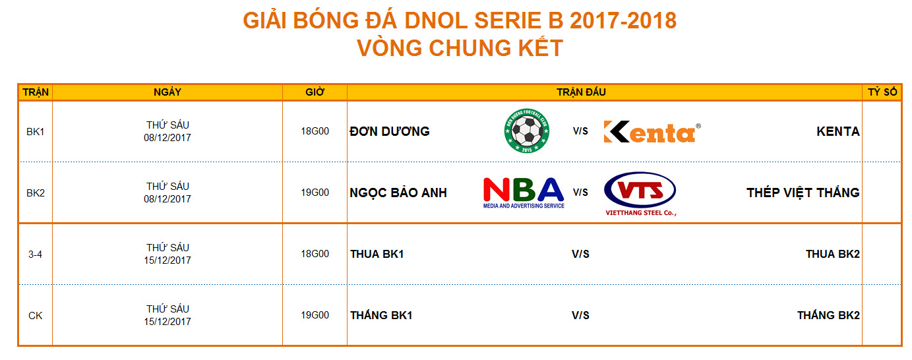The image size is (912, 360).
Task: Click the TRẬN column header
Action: tap(36, 92)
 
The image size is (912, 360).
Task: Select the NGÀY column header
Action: tap(167, 92)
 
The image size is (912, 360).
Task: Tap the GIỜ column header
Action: tap(315, 92)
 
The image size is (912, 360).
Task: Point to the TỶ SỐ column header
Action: tap(882, 92)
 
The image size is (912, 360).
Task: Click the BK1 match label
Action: tap(36, 132)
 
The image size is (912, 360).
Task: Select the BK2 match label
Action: tap(36, 193)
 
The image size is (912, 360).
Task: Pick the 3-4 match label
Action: tap(35, 255)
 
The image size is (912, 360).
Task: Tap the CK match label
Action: tap(36, 316)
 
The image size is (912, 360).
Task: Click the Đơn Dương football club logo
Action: tap(526, 131)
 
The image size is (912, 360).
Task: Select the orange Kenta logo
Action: tap(652, 132)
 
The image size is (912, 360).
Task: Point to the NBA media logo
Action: tap(524, 193)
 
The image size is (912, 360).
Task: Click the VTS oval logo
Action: tap(640, 193)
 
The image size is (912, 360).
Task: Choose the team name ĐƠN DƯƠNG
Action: tap(390, 131)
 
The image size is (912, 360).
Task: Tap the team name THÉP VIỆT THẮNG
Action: tap(803, 192)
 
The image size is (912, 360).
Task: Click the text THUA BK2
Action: tap(833, 254)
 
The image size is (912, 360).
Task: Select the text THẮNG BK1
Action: tap(382, 315)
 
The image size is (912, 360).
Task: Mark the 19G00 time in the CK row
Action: tap(315, 315)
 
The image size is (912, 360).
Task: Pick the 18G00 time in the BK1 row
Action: tap(315, 131)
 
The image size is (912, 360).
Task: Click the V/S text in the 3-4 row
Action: tap(580, 254)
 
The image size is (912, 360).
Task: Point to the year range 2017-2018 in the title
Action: tap(623, 20)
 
